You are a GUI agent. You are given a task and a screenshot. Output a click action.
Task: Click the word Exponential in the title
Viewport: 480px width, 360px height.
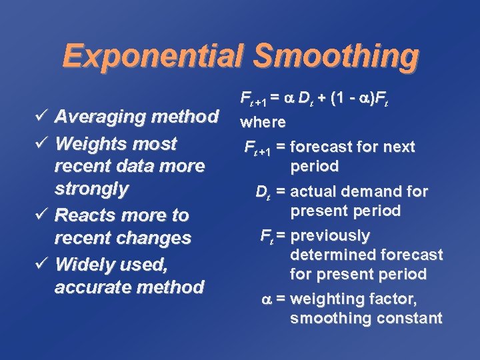(x=154, y=56)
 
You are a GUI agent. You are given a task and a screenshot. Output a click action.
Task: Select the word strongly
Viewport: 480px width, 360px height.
(x=91, y=189)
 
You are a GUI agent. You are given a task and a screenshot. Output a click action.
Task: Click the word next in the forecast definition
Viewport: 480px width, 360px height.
(x=397, y=147)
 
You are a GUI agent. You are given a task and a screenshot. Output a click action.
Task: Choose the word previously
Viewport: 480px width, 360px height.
(x=330, y=236)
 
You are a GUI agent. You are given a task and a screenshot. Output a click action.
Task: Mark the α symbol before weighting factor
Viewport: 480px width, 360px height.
(x=265, y=299)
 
